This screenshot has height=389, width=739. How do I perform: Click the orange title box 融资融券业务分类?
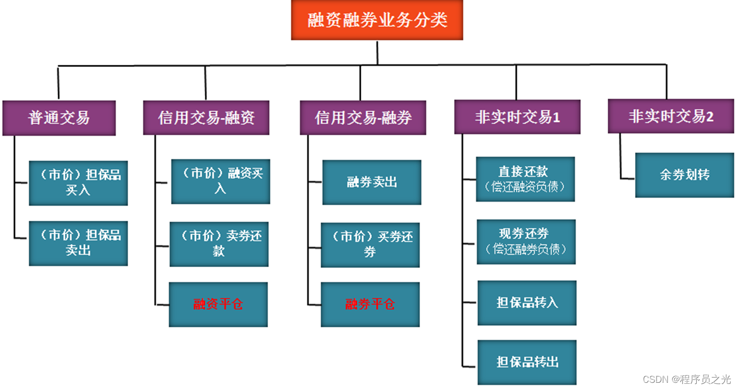(x=377, y=21)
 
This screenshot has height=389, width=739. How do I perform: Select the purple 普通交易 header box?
(x=59, y=118)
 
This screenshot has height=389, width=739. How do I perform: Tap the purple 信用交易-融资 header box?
(x=206, y=118)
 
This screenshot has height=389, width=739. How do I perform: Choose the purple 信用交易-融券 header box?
(x=363, y=118)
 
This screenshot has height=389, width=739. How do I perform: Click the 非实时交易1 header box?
(x=517, y=117)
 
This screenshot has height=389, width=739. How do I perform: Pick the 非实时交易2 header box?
(x=671, y=116)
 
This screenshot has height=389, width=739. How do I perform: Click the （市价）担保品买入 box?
(x=78, y=183)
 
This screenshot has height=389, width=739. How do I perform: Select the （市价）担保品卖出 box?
(x=78, y=243)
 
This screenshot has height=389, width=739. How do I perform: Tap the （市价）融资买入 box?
(x=220, y=181)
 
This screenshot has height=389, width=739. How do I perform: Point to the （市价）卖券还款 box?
(x=219, y=244)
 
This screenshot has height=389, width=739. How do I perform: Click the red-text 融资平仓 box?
(x=218, y=304)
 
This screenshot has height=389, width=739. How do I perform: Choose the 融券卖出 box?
(x=372, y=182)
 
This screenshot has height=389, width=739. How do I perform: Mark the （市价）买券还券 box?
(x=370, y=244)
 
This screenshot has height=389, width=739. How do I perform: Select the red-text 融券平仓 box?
(x=370, y=304)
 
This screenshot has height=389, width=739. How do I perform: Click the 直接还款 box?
(x=525, y=179)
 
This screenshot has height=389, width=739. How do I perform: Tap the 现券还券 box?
(x=526, y=242)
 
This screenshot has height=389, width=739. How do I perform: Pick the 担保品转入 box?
(x=527, y=303)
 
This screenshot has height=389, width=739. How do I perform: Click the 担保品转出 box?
(x=527, y=362)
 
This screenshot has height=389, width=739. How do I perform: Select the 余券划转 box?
(x=684, y=175)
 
